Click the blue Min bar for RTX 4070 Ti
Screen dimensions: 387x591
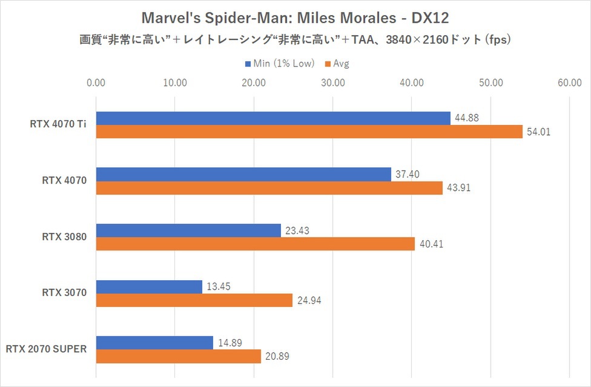[273, 118]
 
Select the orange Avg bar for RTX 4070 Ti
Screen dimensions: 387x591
[309, 132]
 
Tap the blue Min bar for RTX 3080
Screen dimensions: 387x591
[188, 231]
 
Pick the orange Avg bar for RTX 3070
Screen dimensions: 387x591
[194, 300]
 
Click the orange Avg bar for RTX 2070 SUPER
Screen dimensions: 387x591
[178, 357]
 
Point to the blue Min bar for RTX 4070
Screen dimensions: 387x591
[243, 175]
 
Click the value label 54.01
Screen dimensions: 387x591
[538, 132]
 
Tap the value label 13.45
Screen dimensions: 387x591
[218, 287]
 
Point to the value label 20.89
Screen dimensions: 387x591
[277, 357]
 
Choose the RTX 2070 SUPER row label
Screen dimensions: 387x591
[47, 349]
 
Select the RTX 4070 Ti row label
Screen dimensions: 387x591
[58, 125]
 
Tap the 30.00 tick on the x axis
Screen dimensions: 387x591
[333, 83]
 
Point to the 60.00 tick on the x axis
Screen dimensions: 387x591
[569, 83]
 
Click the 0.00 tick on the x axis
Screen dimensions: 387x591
[96, 83]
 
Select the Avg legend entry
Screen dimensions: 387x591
[340, 63]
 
